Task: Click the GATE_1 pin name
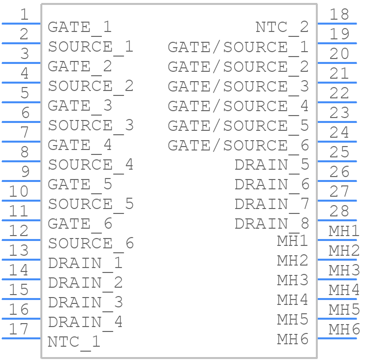(80, 28)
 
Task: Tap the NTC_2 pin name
(282, 28)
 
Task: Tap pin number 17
(19, 329)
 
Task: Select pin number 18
(339, 14)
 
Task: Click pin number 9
(25, 172)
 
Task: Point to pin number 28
(339, 211)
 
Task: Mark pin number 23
(339, 113)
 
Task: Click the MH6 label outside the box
(344, 329)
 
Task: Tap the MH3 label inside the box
(293, 280)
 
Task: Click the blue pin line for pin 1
(21, 24)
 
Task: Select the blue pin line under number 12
(21, 240)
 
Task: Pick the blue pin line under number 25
(337, 161)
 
